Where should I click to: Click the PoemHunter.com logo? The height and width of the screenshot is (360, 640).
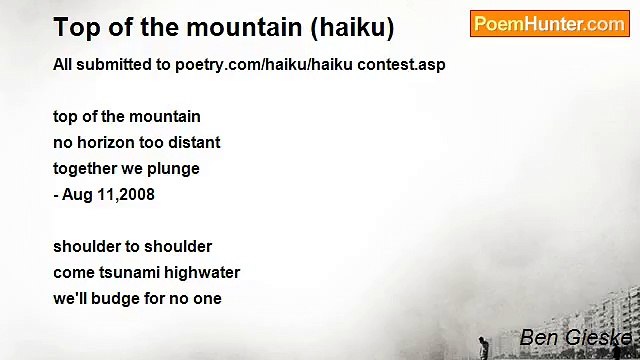[x=549, y=24]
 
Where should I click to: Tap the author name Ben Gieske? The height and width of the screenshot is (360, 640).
[x=575, y=338]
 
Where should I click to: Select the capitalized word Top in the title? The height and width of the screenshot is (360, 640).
[x=73, y=27]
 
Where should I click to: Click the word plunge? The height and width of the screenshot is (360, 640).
[x=176, y=169]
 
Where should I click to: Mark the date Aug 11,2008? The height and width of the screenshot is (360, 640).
[x=108, y=194]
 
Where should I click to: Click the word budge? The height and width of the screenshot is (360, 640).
[x=120, y=298]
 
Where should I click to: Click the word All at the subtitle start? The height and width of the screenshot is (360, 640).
[x=62, y=65]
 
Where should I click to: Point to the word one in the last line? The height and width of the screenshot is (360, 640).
[x=208, y=299]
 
